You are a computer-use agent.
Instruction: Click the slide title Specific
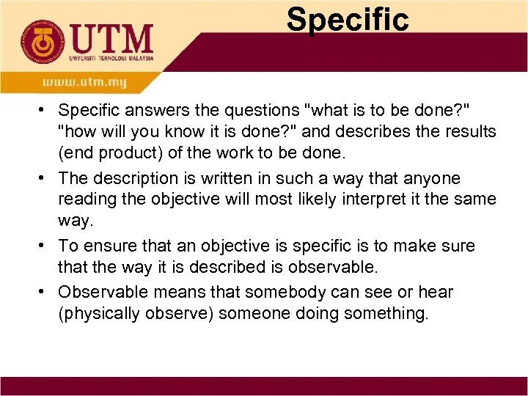(x=348, y=19)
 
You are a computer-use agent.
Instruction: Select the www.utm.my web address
(x=84, y=82)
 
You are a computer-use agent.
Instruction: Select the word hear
(x=437, y=292)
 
